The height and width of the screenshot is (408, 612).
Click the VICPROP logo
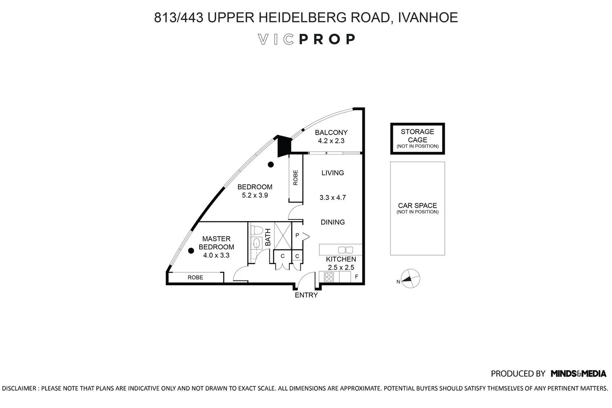tap(306, 39)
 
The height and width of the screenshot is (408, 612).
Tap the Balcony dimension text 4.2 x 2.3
tap(331, 141)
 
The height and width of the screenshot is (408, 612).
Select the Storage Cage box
tap(417, 139)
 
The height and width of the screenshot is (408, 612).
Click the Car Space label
tap(417, 206)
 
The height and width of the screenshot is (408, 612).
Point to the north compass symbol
tap(410, 279)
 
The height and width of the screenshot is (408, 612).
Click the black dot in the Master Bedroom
tap(191, 251)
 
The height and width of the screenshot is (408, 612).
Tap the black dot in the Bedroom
tap(271, 164)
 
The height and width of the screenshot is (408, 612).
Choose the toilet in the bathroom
tap(257, 230)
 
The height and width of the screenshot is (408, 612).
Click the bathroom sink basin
tap(256, 243)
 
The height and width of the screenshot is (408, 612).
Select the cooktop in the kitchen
tap(329, 277)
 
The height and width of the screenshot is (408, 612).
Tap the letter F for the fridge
tap(357, 277)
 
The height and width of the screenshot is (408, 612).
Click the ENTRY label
tap(306, 295)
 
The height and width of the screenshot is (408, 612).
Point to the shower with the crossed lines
tap(283, 236)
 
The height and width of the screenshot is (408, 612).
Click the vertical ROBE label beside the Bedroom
tap(295, 177)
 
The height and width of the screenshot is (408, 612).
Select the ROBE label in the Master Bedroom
tap(195, 277)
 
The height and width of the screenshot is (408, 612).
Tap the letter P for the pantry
tap(297, 235)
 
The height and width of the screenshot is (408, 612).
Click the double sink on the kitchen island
tap(346, 250)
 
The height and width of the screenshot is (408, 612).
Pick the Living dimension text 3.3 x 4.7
tap(333, 197)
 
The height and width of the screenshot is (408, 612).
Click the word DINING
tap(333, 222)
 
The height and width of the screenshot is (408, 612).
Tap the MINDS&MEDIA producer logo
tap(579, 374)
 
